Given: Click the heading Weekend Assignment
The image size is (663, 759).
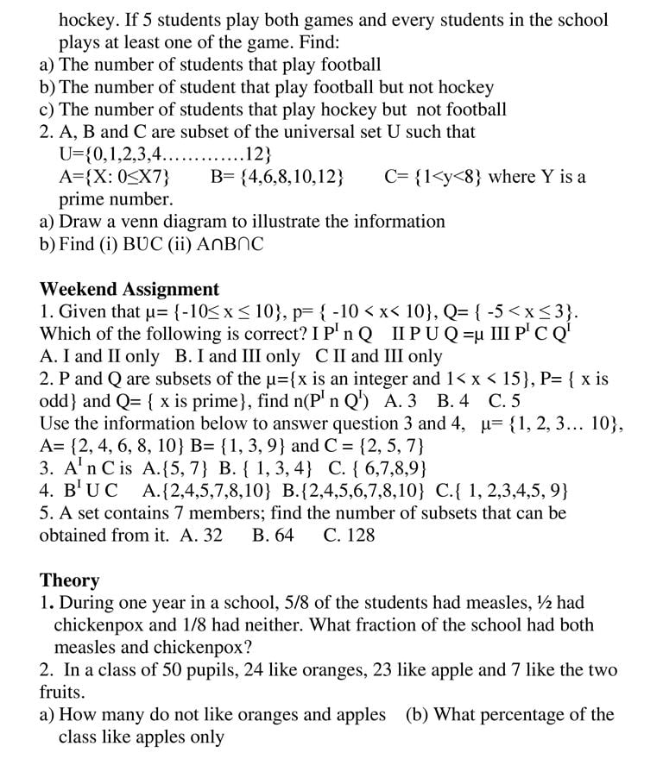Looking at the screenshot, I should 129,289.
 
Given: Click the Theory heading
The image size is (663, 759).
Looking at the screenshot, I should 70,580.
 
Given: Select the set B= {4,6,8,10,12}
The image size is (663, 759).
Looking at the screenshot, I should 277,177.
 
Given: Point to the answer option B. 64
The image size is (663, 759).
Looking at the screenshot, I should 273,535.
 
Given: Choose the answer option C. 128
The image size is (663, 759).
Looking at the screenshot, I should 349,535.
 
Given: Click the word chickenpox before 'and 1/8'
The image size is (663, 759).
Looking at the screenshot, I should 101,624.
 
